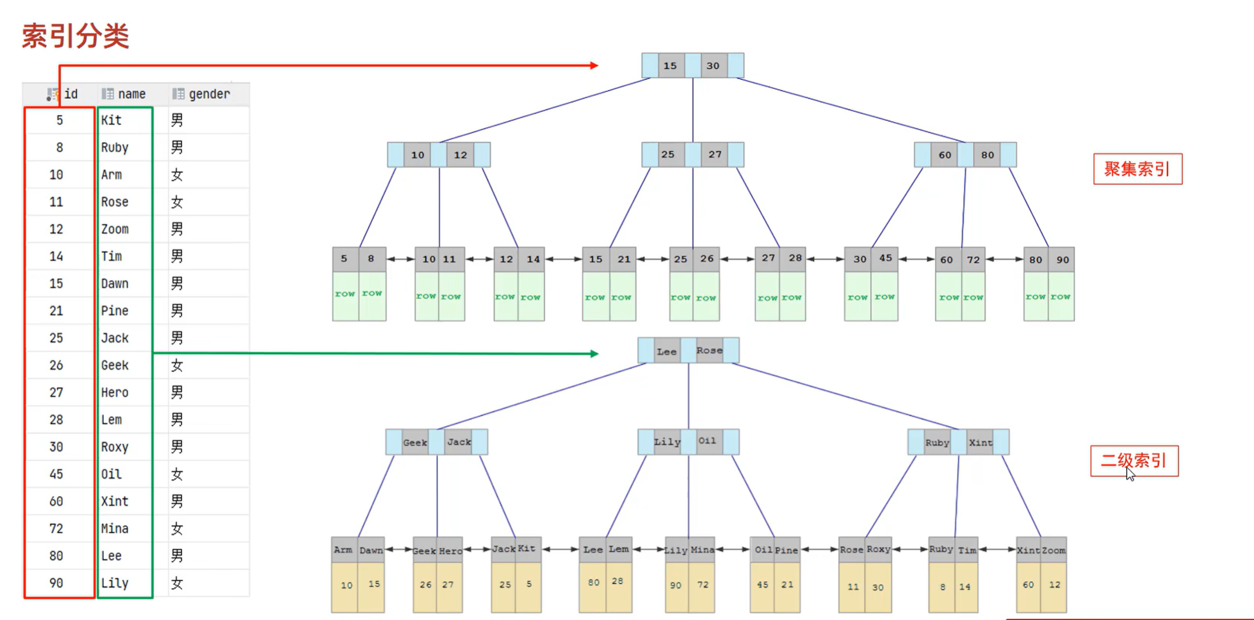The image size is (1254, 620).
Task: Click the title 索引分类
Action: click(75, 36)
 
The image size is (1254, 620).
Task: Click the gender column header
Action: click(208, 94)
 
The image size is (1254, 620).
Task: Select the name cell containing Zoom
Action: click(115, 230)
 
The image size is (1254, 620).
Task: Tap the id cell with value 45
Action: click(56, 474)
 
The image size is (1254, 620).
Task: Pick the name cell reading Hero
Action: click(115, 393)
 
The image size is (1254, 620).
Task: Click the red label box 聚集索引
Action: click(1137, 169)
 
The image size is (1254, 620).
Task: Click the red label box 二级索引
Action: click(1134, 461)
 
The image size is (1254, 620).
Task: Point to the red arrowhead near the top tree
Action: click(594, 66)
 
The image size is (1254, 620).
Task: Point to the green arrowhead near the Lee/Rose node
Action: click(594, 354)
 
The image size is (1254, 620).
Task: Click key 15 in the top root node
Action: click(670, 66)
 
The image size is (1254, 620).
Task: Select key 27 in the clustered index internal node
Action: click(715, 155)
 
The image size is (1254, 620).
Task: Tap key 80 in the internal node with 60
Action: click(987, 155)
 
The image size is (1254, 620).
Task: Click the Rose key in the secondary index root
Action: click(709, 351)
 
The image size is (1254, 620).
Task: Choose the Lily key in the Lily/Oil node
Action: click(667, 442)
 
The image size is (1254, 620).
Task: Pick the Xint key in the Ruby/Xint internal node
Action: click(980, 442)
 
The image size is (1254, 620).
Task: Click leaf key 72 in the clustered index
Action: click(973, 260)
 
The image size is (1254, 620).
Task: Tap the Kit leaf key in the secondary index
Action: click(526, 549)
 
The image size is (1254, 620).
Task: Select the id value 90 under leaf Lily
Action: click(676, 585)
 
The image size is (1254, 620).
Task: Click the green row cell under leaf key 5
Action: click(345, 294)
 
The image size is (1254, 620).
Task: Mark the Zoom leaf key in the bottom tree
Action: click(1054, 550)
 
